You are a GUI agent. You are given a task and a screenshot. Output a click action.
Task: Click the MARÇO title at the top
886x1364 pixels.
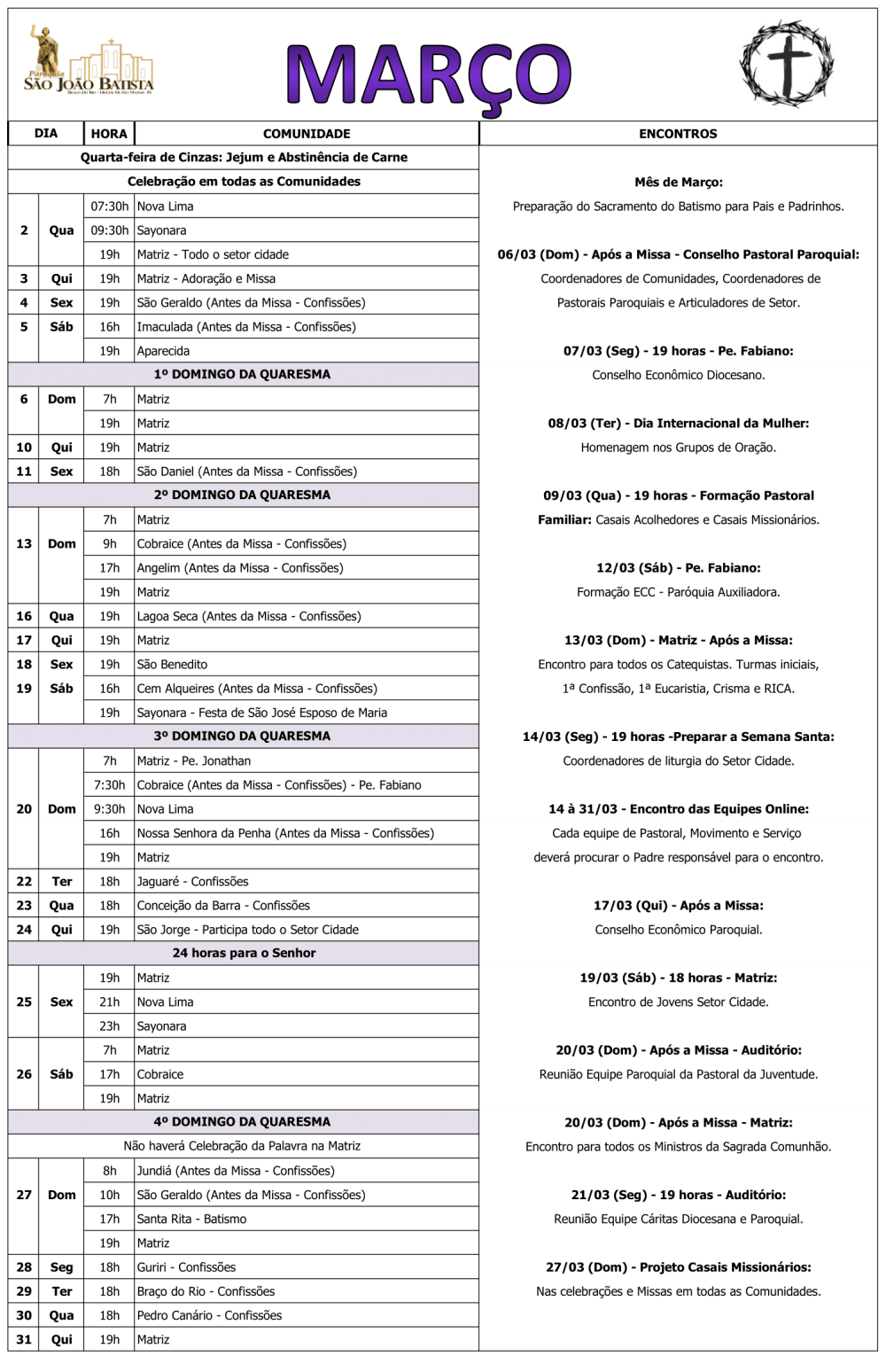click(429, 76)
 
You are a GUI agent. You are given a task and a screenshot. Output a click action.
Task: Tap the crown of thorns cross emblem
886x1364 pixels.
click(787, 64)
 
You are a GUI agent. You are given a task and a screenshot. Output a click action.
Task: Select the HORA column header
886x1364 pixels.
click(109, 134)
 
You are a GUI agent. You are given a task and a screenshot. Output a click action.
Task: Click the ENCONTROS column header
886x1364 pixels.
click(678, 134)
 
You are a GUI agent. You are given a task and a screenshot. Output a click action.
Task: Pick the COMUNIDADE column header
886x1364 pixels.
click(307, 134)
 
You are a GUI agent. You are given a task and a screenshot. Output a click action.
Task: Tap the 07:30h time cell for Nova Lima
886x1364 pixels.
click(109, 207)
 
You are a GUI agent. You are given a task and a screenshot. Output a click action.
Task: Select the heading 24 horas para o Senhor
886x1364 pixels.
click(244, 954)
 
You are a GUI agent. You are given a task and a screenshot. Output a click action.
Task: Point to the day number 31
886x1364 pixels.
click(24, 1340)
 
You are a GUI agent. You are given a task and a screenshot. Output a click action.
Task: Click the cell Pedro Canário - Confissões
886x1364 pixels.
click(209, 1316)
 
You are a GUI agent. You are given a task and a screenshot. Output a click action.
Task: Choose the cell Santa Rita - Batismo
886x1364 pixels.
click(191, 1220)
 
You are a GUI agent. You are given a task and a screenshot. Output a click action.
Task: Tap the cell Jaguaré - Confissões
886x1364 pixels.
click(192, 882)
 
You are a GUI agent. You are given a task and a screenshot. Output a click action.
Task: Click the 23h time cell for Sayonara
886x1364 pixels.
click(109, 1026)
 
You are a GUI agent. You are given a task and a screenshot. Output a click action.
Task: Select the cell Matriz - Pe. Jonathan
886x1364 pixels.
click(193, 761)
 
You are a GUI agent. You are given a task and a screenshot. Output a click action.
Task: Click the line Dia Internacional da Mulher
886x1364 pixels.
click(678, 424)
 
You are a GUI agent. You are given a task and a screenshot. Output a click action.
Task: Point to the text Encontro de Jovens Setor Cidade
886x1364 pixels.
click(678, 1002)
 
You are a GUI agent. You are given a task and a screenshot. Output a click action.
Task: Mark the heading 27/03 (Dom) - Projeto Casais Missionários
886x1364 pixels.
click(678, 1267)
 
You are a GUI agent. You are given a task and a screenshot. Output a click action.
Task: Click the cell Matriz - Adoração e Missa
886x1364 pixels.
click(206, 278)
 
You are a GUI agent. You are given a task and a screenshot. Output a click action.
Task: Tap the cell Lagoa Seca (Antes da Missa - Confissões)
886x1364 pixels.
click(248, 617)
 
